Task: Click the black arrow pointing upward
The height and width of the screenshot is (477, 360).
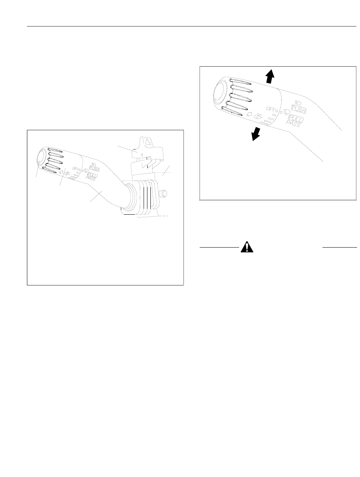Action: pos(270,76)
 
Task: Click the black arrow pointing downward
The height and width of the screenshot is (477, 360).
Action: pos(255,134)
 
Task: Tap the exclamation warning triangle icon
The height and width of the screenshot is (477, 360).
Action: pos(247,247)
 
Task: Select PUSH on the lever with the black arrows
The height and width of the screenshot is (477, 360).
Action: pos(299,109)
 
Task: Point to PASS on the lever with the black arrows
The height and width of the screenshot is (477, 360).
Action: pos(293,124)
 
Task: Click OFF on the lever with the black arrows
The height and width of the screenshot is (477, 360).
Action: pos(271,109)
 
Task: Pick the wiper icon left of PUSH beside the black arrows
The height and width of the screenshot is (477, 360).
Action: pos(286,112)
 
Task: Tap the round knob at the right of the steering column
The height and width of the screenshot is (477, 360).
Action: pos(163,193)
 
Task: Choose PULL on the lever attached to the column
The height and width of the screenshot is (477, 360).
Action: pos(92,175)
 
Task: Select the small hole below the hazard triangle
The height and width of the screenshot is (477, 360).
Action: pos(142,155)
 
